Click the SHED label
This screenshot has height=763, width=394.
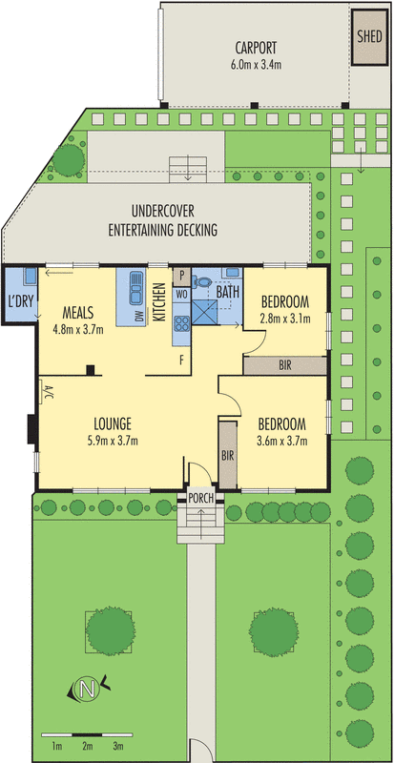click(369, 37)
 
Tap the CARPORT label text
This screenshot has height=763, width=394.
click(257, 48)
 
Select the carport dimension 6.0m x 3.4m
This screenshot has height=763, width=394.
click(257, 64)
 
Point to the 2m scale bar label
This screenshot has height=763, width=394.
click(87, 746)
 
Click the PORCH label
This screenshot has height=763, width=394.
click(200, 498)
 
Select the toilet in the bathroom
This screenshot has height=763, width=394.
click(201, 281)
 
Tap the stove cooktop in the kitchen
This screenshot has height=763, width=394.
click(182, 323)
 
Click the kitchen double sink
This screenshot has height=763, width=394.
click(135, 287)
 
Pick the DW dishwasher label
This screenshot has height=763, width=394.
click(140, 317)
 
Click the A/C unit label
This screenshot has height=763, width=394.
click(48, 391)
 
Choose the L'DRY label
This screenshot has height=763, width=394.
click(20, 301)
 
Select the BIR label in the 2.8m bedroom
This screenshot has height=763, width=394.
click(285, 366)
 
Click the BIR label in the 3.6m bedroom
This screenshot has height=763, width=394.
click(227, 456)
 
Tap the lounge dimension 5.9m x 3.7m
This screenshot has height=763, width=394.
click(112, 442)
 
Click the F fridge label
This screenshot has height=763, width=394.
click(181, 361)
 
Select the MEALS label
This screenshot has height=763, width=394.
click(78, 312)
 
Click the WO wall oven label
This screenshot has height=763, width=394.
click(181, 294)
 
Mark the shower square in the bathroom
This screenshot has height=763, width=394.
click(204, 312)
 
